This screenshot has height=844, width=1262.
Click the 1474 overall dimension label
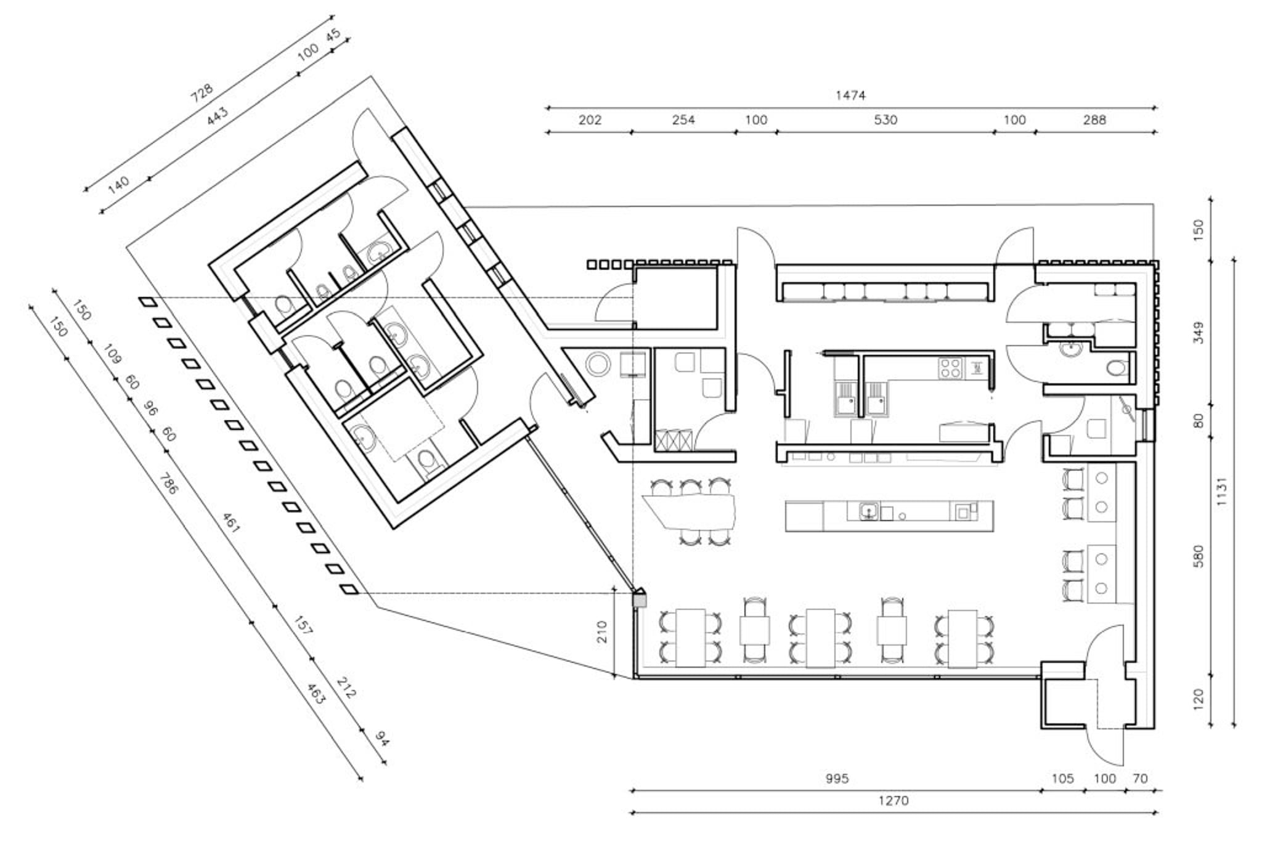(850, 95)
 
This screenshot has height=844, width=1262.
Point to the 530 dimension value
(885, 120)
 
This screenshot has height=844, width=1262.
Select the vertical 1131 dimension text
(1223, 492)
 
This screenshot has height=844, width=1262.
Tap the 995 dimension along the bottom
(837, 779)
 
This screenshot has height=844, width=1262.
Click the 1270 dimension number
(894, 801)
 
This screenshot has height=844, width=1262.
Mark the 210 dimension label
(602, 632)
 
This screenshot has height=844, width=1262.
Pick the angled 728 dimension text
(202, 92)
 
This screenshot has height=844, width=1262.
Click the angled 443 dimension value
(217, 116)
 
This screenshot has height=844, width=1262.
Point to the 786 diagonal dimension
(168, 484)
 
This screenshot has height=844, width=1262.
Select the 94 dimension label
(382, 739)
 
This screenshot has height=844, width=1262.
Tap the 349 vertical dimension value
(1199, 333)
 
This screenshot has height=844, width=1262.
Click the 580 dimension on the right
(1199, 557)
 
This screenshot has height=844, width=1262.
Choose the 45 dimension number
(333, 35)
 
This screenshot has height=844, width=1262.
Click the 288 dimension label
(1094, 120)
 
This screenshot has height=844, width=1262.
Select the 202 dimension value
(590, 120)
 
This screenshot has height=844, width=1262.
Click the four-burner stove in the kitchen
(950, 368)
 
